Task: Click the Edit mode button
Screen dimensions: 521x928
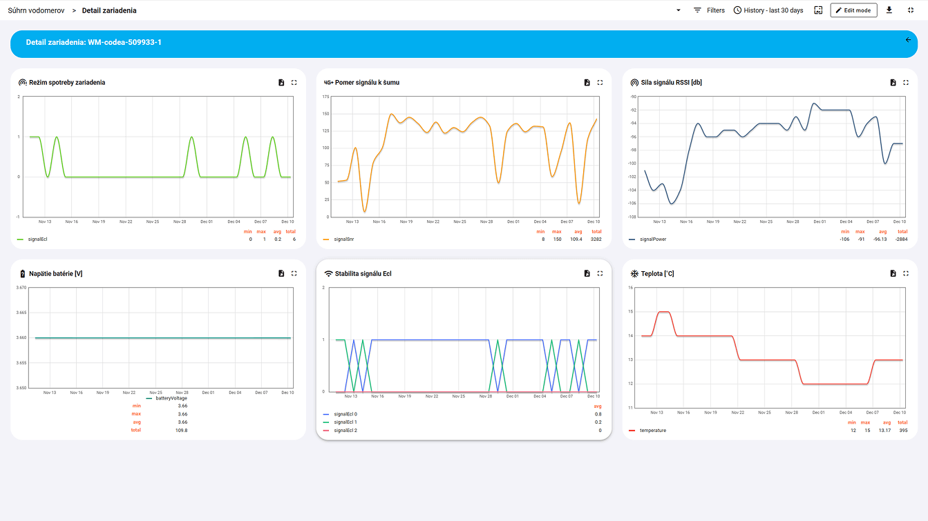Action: coord(853,10)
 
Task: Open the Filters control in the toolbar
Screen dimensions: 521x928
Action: coord(709,10)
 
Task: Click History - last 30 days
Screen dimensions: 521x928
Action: coord(768,10)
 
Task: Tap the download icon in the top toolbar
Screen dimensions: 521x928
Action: coord(889,10)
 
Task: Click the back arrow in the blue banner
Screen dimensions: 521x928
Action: coord(908,40)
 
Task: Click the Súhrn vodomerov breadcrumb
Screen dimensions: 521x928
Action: coord(36,10)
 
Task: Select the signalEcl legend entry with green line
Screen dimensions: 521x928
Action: coord(37,239)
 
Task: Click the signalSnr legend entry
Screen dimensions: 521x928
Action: coord(343,239)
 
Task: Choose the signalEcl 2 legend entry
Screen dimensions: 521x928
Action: coord(345,431)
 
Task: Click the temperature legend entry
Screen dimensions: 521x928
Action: coord(652,431)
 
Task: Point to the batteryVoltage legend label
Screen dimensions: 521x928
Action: coord(171,398)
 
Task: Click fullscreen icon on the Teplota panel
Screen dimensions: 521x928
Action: coord(906,273)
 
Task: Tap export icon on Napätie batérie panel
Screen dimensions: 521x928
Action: coord(281,273)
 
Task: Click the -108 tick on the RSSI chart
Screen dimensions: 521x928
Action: coord(632,217)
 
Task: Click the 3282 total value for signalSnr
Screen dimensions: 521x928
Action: coord(596,239)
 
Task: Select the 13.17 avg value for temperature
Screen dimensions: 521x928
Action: coord(884,431)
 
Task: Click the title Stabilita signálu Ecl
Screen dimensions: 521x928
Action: coord(363,274)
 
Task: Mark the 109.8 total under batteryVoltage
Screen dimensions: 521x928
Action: coord(182,430)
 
